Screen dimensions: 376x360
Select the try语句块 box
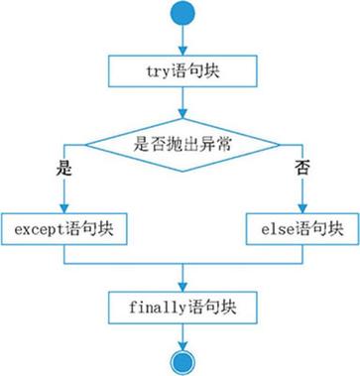tap(180, 69)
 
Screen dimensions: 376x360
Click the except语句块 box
tap(64, 228)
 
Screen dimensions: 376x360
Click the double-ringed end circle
tap(180, 360)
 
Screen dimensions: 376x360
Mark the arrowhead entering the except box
tap(64, 206)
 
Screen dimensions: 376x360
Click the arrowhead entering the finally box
tap(180, 285)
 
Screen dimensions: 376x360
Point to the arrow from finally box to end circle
tap(180, 333)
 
